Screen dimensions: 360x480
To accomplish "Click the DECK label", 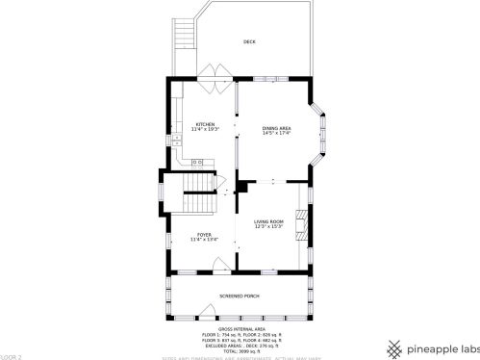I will (x=249, y=42).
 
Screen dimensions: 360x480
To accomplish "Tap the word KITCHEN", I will (x=205, y=124).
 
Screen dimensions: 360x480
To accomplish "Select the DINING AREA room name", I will (x=277, y=128).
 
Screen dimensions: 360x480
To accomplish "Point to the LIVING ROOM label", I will (x=268, y=220).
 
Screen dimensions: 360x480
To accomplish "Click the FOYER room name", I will (x=204, y=234).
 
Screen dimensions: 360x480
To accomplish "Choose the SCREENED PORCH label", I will (x=240, y=296).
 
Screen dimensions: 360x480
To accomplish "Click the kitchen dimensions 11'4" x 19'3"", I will (x=205, y=129).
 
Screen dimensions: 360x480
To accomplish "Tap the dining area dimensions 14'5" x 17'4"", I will (x=277, y=133).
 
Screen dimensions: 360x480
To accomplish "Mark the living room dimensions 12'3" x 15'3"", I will (x=268, y=226).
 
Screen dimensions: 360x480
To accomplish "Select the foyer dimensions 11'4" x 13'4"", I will (x=204, y=239).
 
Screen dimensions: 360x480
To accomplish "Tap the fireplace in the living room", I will (x=303, y=224).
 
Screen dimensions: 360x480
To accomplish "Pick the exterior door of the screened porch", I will (x=240, y=317).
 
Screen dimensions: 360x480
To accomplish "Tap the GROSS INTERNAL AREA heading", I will (x=240, y=327).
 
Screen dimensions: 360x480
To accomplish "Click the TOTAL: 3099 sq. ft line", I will (x=240, y=351).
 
